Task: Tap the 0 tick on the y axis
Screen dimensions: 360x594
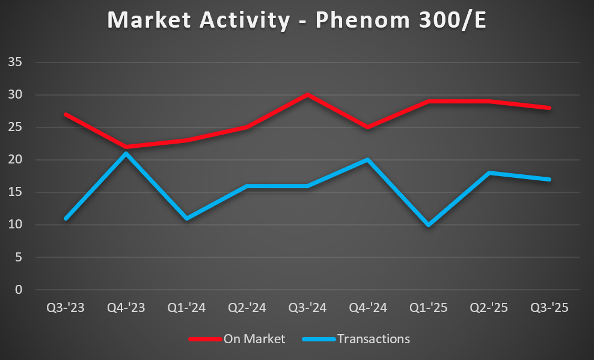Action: point(19,290)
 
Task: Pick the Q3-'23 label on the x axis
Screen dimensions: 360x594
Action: point(66,308)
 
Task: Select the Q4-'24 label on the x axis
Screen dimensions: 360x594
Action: point(368,308)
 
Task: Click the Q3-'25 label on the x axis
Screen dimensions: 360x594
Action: point(549,308)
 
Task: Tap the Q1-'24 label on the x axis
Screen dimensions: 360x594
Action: point(186,308)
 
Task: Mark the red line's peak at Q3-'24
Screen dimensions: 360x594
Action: point(307,94)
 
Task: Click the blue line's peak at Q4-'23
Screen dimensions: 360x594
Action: point(126,153)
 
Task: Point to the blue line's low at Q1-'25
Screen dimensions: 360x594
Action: point(428,225)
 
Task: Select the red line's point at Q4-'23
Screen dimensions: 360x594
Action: point(126,147)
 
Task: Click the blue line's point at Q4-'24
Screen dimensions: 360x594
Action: point(368,160)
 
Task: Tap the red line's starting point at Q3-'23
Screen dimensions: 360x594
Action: point(66,114)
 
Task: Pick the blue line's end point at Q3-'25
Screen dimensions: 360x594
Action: point(549,179)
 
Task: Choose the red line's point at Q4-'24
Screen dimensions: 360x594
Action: point(368,127)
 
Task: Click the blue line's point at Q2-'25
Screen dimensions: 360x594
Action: point(489,172)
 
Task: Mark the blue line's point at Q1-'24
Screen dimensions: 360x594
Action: point(186,218)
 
